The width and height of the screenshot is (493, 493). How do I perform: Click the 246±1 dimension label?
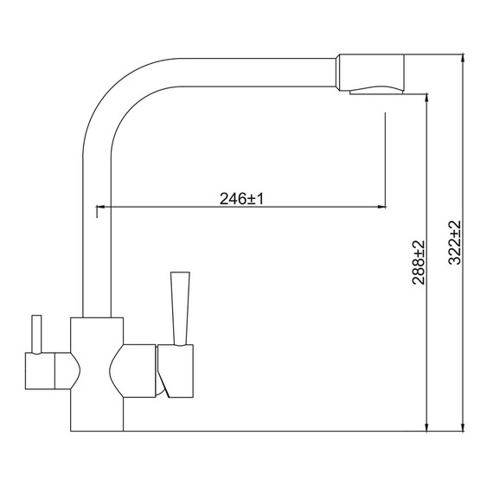point(241,199)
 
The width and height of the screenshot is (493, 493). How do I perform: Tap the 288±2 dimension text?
point(419,263)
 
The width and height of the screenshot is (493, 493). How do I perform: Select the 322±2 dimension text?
point(455,242)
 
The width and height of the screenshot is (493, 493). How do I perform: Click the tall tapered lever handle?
point(180,309)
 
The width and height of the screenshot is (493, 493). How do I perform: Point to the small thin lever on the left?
point(36,334)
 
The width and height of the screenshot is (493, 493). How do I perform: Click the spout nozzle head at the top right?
point(370,73)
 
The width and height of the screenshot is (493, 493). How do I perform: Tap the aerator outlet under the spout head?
point(376,90)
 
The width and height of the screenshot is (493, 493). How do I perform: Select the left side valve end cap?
point(40,371)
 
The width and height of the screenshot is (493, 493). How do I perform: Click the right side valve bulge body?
point(132,371)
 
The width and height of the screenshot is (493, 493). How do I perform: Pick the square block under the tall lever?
point(176,371)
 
